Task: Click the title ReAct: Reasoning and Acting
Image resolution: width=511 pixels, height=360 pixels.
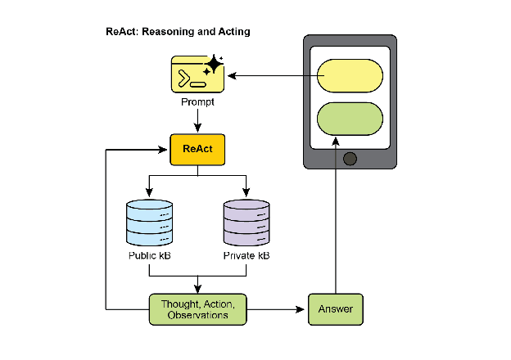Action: coord(178,32)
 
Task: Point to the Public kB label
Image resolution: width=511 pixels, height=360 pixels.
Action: coord(149,256)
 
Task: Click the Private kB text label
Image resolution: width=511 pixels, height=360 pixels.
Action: coord(246,256)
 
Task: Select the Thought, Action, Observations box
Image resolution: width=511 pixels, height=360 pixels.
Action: coord(197,309)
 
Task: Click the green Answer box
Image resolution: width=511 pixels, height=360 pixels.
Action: coord(334,309)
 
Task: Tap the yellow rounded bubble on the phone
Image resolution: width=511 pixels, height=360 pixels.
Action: coord(350,76)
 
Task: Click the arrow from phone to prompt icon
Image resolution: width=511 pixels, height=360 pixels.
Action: coord(270,77)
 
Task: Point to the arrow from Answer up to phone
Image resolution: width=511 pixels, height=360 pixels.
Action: coord(334,221)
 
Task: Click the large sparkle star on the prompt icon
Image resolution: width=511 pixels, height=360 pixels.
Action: coord(213,65)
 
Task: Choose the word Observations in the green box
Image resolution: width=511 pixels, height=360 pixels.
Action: coord(197,316)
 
